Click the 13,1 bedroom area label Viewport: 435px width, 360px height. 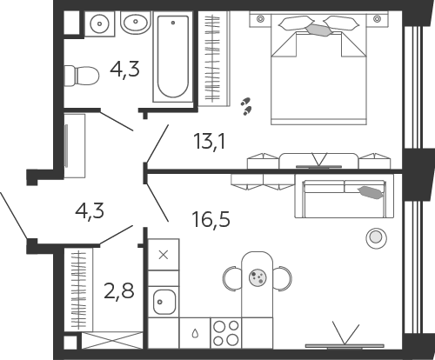(x=210, y=143)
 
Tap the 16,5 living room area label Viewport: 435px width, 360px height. (x=211, y=219)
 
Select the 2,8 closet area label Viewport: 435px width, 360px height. (x=119, y=291)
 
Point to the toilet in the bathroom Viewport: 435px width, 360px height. (x=81, y=76)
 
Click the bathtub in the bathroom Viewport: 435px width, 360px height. (x=173, y=57)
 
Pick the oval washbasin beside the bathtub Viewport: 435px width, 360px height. (x=135, y=23)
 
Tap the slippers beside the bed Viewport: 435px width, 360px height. (x=246, y=106)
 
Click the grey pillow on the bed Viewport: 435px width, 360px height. (x=318, y=30)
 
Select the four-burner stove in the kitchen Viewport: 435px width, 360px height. (x=226, y=333)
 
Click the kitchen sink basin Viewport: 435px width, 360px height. (x=164, y=303)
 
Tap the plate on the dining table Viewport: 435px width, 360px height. (x=258, y=277)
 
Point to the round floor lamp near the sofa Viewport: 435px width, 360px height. (x=376, y=238)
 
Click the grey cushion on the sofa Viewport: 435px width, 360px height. (x=371, y=193)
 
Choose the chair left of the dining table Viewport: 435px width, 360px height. (x=232, y=278)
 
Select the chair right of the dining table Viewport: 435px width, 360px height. (x=282, y=278)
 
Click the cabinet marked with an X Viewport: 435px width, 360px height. (x=164, y=255)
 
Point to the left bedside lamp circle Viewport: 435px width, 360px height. (x=260, y=19)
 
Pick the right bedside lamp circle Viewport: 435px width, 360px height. (x=377, y=19)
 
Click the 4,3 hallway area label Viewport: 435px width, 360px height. (x=90, y=211)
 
